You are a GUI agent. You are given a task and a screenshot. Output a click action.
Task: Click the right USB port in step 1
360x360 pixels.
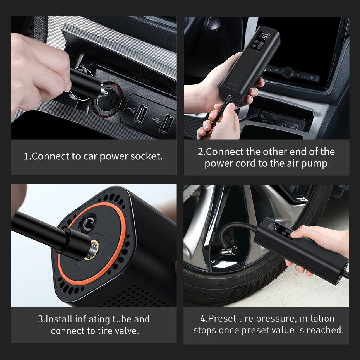click(166, 124)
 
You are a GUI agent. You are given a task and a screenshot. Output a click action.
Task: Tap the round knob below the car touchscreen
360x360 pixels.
click(287, 72)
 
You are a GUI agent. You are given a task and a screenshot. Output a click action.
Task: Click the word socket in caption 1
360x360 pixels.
click(147, 156)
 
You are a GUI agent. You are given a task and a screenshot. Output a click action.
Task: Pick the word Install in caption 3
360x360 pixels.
click(58, 319)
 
